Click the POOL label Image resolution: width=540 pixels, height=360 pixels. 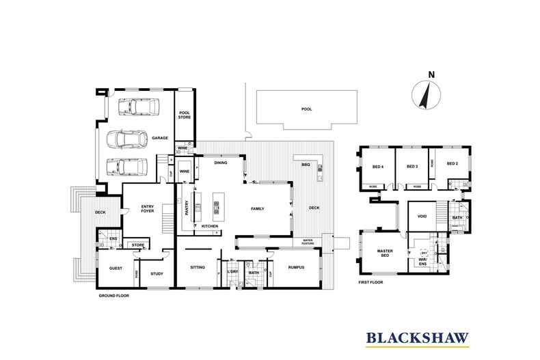(306, 109)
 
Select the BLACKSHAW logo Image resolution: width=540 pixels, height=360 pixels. (415, 337)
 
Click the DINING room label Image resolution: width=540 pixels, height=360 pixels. (220, 163)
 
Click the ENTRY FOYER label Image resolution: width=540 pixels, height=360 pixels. (147, 210)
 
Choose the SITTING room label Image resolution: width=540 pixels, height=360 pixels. (197, 268)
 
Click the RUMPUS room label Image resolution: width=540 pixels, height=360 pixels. (296, 268)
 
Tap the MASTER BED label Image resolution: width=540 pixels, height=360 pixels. (384, 253)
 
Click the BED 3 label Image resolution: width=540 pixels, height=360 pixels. (411, 166)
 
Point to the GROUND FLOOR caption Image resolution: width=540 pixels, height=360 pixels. (113, 296)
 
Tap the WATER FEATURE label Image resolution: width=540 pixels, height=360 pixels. (303, 241)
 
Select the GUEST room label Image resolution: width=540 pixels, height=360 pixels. (115, 268)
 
